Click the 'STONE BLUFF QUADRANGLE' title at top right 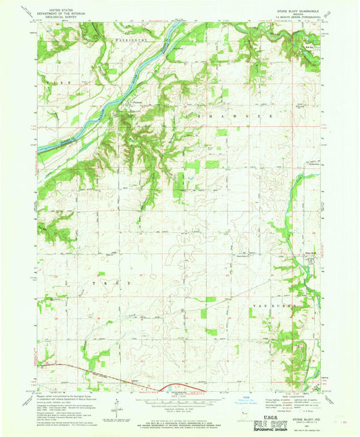292,10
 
